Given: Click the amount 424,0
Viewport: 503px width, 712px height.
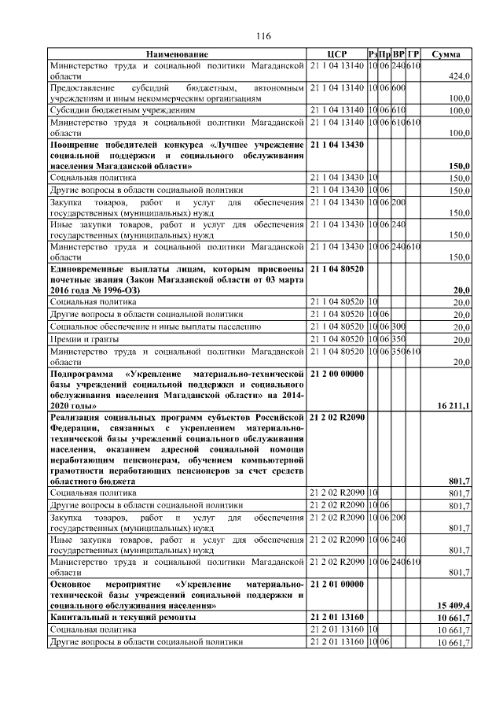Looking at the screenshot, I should [x=458, y=77].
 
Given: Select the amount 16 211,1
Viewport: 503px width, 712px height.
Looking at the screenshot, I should [x=453, y=405].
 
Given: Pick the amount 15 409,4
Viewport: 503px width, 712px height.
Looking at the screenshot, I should [x=453, y=605].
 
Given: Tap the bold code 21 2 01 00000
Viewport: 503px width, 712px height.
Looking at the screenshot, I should [x=337, y=584].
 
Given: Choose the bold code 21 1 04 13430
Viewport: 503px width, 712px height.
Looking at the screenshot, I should [x=337, y=146].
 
